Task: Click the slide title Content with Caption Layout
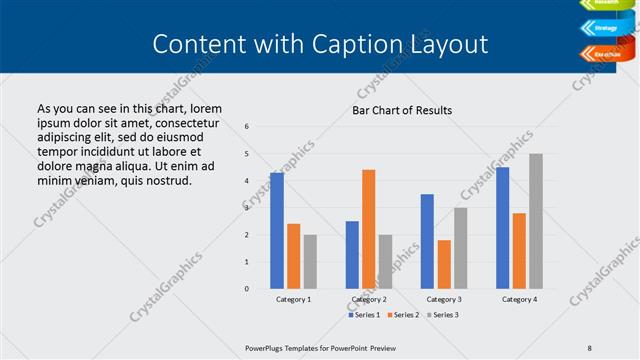tap(320, 44)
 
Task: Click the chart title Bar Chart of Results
tap(402, 110)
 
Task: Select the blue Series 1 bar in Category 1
tap(277, 230)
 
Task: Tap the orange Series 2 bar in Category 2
tap(369, 229)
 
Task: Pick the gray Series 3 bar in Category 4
tap(536, 221)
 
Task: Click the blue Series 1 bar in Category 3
tap(427, 241)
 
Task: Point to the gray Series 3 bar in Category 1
tap(310, 261)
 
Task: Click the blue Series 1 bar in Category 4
tap(502, 227)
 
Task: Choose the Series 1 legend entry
tap(365, 315)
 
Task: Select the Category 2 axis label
tap(369, 299)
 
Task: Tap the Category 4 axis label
tap(519, 299)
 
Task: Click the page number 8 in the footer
tap(590, 348)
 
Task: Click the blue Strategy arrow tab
tap(605, 28)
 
